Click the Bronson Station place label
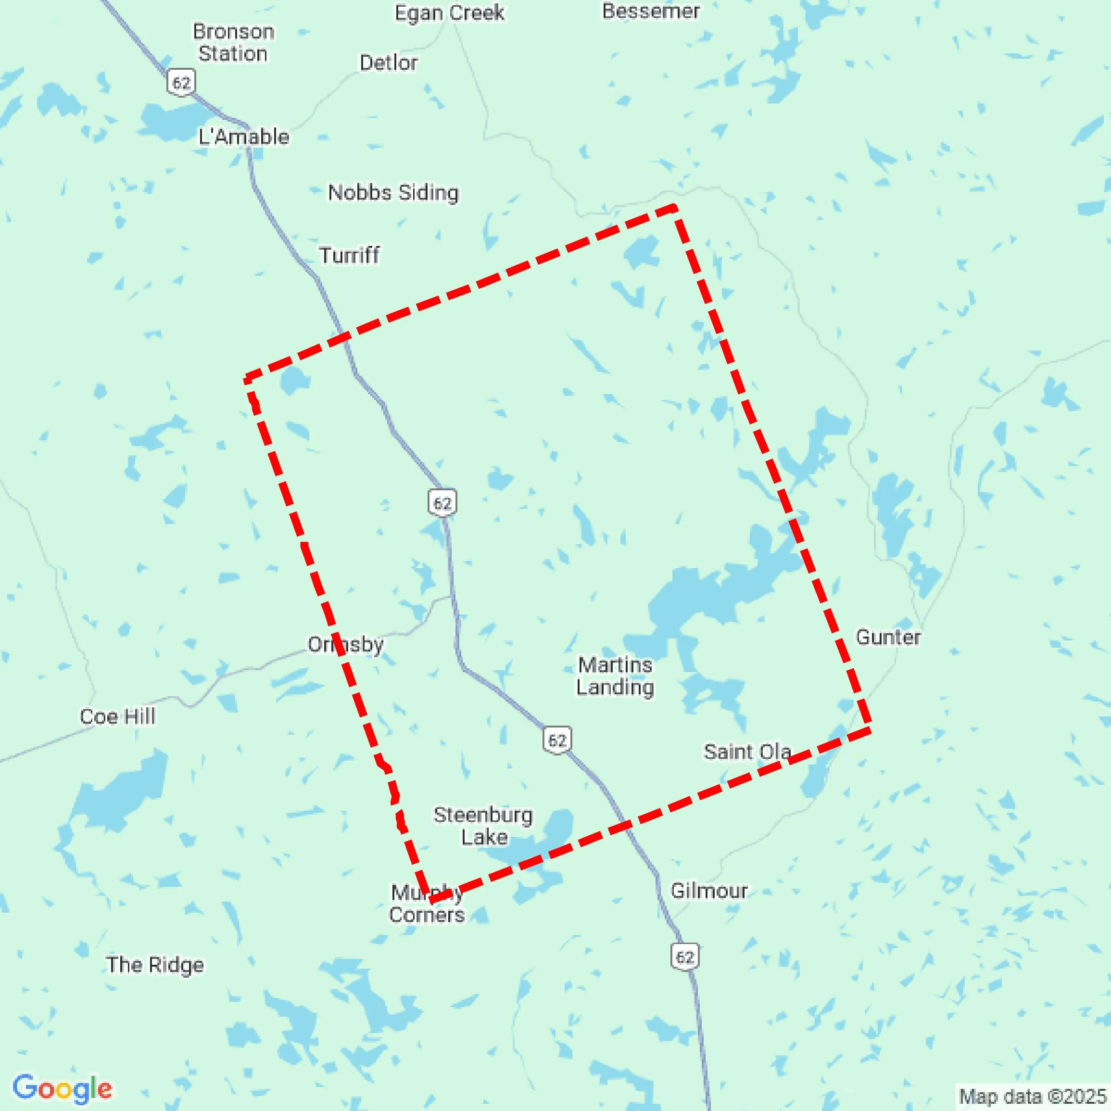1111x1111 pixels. click(x=233, y=42)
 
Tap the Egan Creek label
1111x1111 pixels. click(x=449, y=13)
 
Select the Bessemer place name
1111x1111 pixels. click(x=650, y=11)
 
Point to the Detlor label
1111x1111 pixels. click(x=388, y=63)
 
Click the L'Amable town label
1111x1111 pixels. click(x=243, y=137)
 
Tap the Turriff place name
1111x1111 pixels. click(x=349, y=255)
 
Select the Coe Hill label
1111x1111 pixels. click(x=117, y=716)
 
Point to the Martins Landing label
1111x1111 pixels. click(x=615, y=676)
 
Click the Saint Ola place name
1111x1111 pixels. click(x=747, y=752)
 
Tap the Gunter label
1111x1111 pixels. click(x=888, y=637)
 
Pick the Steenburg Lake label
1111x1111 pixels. click(x=483, y=826)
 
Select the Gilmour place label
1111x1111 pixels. click(x=708, y=891)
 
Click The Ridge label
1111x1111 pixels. click(x=155, y=964)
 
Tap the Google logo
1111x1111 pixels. click(x=62, y=1088)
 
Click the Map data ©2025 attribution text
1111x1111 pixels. click(x=1032, y=1096)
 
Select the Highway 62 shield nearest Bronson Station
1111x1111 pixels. click(x=181, y=83)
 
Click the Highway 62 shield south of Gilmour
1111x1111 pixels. click(x=684, y=957)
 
